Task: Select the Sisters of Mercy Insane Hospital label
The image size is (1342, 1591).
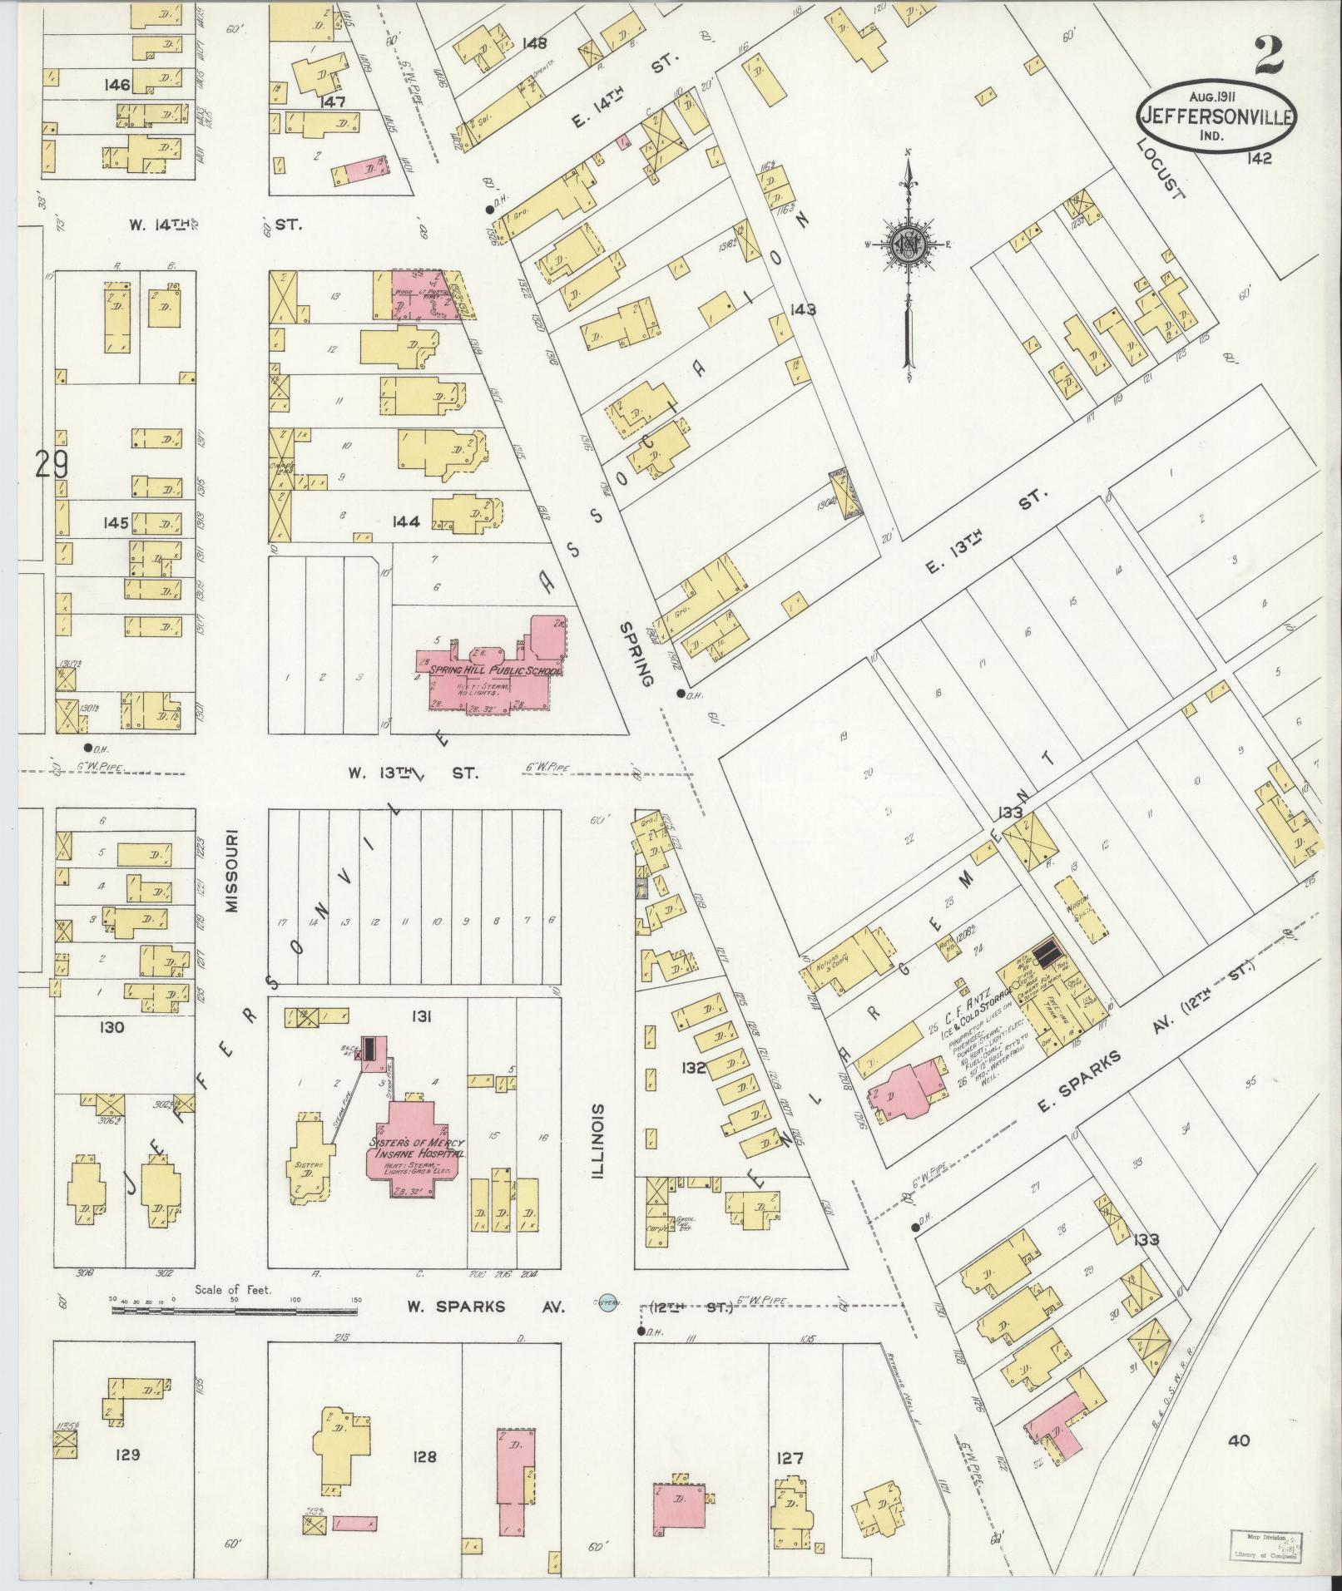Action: [416, 1149]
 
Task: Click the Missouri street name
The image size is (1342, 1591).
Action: [232, 870]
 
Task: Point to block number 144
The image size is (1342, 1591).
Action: [408, 522]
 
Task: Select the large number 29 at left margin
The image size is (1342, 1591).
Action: [52, 464]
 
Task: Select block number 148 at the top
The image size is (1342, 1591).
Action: [534, 43]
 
